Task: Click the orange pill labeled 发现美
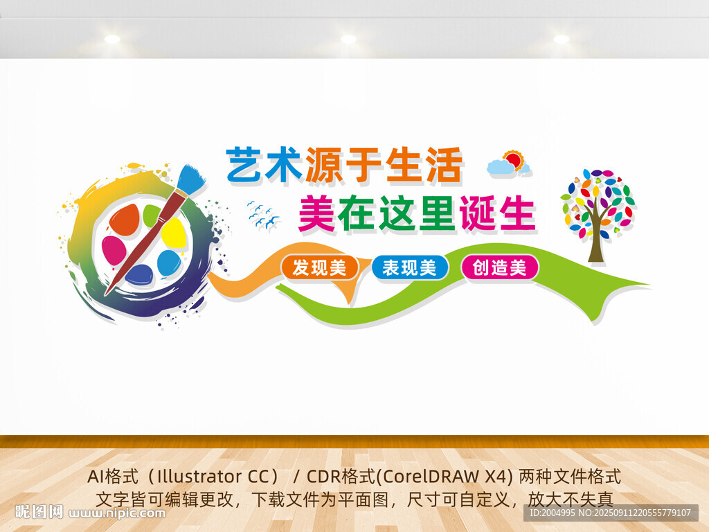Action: pos(319,267)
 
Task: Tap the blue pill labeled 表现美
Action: pos(410,267)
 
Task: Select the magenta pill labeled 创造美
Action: pos(500,267)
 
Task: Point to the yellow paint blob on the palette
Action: pos(174,232)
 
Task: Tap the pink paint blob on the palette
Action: pos(113,250)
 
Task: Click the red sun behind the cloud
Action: pos(514,161)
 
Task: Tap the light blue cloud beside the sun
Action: pos(501,167)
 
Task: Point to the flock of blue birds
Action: pos(263,215)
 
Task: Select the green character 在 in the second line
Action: pos(357,213)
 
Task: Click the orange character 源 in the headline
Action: pos(324,164)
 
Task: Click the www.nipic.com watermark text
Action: pos(116,513)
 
